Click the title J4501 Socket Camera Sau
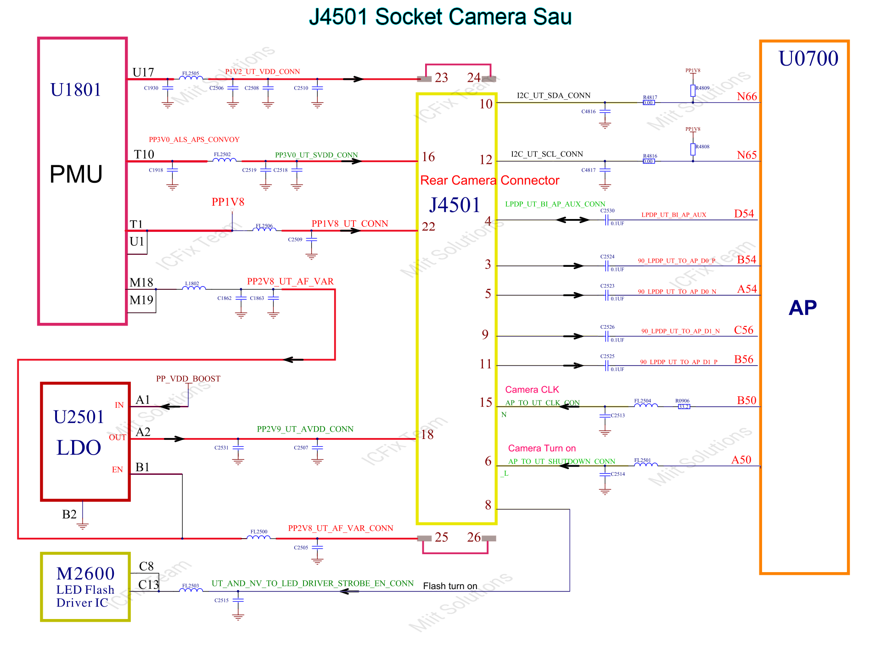(440, 17)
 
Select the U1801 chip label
(76, 90)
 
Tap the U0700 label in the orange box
(808, 59)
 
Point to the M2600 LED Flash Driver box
(85, 587)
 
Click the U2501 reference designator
(79, 417)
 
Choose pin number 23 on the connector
(441, 78)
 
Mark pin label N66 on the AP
(746, 96)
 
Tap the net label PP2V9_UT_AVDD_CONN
(305, 429)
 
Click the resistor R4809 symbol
(693, 90)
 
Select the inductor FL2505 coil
(191, 78)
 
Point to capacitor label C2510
(301, 88)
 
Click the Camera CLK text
(532, 389)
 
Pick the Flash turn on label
(450, 586)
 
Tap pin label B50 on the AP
(746, 400)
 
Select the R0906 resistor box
(684, 406)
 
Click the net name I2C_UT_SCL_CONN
(547, 154)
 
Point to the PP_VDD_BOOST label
(188, 378)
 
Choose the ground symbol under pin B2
(83, 525)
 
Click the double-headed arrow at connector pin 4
(572, 220)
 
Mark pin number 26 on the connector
(474, 537)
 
